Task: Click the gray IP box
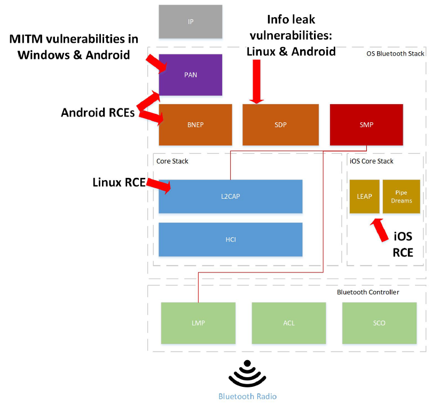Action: pos(190,22)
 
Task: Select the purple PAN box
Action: pos(190,75)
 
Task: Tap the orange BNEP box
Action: pos(195,124)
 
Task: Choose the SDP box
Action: pos(280,124)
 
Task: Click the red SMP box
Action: pos(366,124)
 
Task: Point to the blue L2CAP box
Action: pos(230,196)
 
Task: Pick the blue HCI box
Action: pos(230,239)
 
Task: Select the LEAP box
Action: pos(364,196)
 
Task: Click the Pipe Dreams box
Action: pos(401,196)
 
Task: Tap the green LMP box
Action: pos(198,323)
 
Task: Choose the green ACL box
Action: pos(289,323)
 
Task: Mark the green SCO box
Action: pos(379,323)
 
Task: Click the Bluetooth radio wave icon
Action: pos(247,374)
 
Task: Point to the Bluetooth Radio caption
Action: pos(247,396)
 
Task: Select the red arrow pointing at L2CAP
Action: pos(158,185)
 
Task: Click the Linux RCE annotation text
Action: pos(119,183)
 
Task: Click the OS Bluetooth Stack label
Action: pos(395,53)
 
